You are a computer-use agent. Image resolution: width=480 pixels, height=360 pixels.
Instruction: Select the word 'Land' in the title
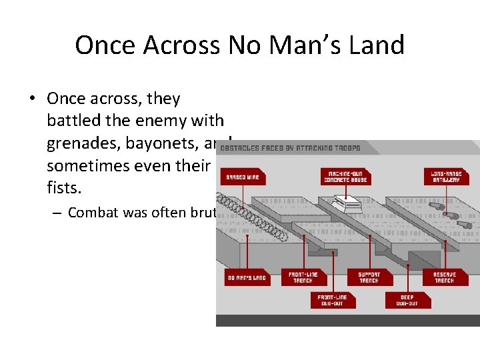pyautogui.click(x=376, y=45)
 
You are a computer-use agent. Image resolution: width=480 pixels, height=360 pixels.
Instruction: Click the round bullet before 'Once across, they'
pyautogui.click(x=32, y=99)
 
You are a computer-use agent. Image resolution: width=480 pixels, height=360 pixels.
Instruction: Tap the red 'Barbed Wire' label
pyautogui.click(x=243, y=177)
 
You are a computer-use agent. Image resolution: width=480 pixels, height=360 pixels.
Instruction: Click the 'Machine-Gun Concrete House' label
pyautogui.click(x=345, y=177)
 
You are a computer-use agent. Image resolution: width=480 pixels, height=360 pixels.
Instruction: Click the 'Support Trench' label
pyautogui.click(x=369, y=277)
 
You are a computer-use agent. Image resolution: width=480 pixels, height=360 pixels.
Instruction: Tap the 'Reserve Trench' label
pyautogui.click(x=444, y=277)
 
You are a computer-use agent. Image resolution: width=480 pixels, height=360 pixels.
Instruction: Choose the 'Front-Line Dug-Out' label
pyautogui.click(x=330, y=300)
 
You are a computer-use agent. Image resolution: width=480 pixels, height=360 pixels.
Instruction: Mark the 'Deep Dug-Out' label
pyautogui.click(x=407, y=300)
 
